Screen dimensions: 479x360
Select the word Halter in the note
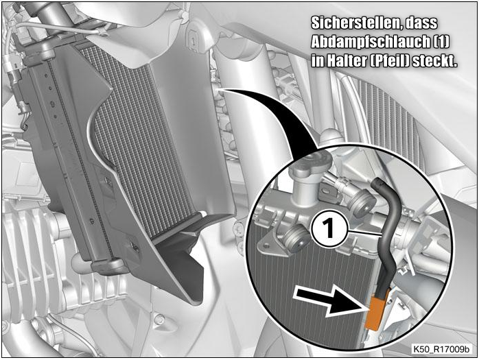click(347, 61)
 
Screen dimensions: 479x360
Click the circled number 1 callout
click(329, 228)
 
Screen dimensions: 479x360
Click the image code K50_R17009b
click(441, 349)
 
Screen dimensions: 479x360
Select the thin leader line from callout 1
click(364, 232)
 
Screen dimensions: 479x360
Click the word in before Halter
click(318, 61)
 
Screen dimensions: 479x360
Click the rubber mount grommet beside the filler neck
click(363, 201)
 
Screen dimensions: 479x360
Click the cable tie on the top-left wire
click(101, 32)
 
